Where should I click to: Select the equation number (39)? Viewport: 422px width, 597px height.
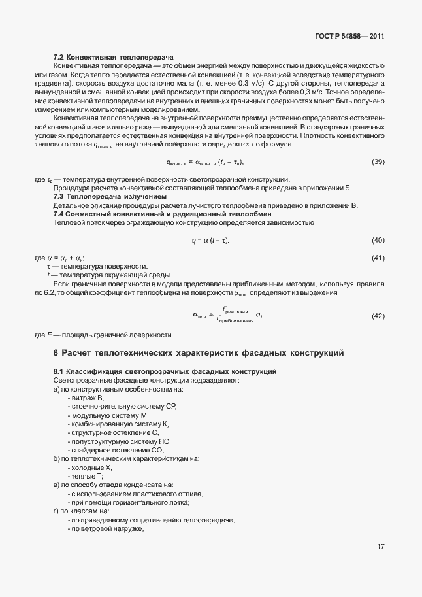click(x=378, y=162)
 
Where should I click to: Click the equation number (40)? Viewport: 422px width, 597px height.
click(x=378, y=241)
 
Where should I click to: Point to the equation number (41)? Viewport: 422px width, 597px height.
click(x=378, y=258)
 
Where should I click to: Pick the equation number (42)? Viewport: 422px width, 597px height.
click(x=378, y=316)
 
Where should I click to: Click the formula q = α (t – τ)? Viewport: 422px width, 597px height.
click(x=210, y=241)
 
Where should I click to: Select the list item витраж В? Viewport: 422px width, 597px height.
click(x=87, y=398)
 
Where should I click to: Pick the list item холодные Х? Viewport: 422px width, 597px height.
click(x=91, y=468)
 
